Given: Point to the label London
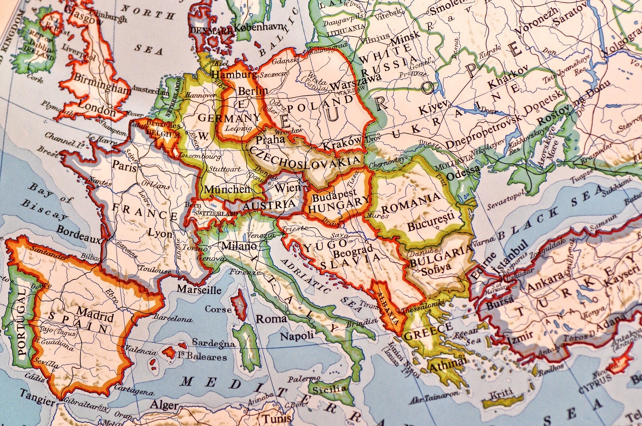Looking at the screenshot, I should (x=97, y=111).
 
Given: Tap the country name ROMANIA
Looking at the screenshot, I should (x=411, y=203).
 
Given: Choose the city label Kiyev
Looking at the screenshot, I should (x=433, y=108).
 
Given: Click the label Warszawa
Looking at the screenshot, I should (x=354, y=82).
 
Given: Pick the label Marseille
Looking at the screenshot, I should (x=199, y=289).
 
